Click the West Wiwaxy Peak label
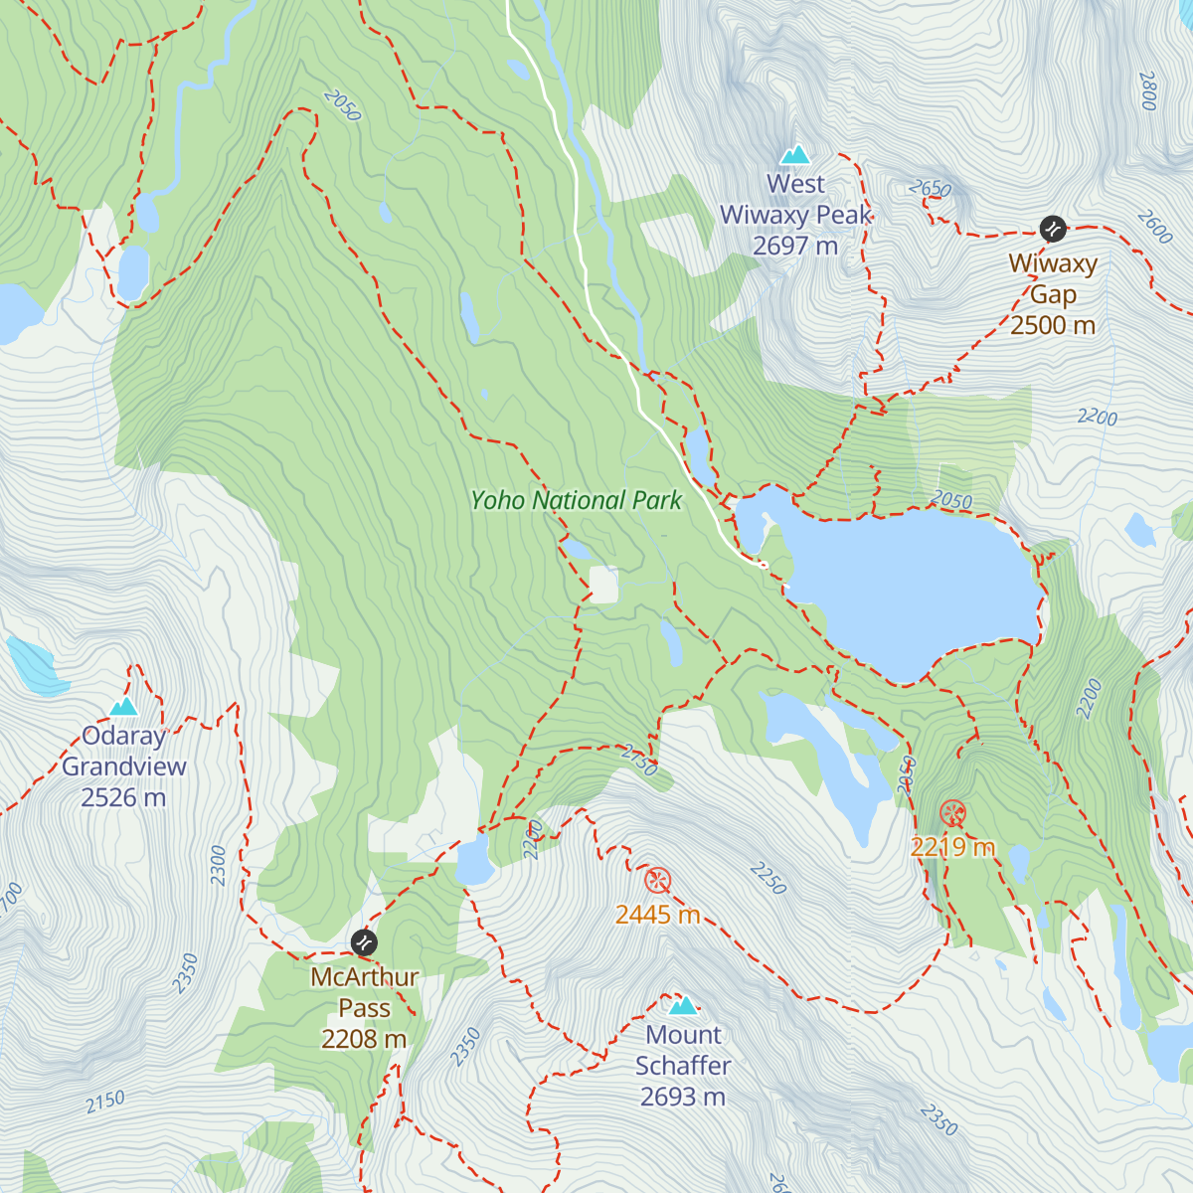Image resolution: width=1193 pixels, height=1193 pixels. (795, 215)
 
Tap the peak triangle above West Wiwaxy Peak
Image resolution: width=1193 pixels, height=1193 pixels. (794, 154)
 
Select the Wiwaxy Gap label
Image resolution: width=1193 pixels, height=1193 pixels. (1053, 294)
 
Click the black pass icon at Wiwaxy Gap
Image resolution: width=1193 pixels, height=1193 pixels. (1053, 230)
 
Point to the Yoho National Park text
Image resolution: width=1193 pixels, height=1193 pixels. (577, 500)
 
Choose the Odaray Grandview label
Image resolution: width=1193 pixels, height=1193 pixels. (124, 767)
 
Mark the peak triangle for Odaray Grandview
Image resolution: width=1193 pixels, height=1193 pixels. (124, 706)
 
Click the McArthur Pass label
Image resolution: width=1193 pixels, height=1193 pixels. (364, 1007)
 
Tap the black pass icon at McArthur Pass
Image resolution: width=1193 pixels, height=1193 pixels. (365, 941)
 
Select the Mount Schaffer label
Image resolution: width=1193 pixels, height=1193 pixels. (683, 1066)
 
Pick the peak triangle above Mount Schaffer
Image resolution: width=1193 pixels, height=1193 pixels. (683, 1005)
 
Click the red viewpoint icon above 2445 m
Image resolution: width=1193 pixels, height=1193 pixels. (657, 880)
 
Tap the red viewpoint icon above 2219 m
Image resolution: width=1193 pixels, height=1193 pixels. (952, 813)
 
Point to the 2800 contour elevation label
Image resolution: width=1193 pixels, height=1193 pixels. (1148, 90)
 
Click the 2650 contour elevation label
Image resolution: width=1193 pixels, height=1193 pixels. (930, 189)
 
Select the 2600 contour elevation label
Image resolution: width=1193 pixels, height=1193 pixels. (1154, 227)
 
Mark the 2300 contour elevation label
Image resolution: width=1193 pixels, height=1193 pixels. (219, 865)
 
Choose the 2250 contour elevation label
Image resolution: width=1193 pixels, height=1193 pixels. (768, 879)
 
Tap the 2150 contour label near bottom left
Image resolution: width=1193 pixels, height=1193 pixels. (105, 1102)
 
